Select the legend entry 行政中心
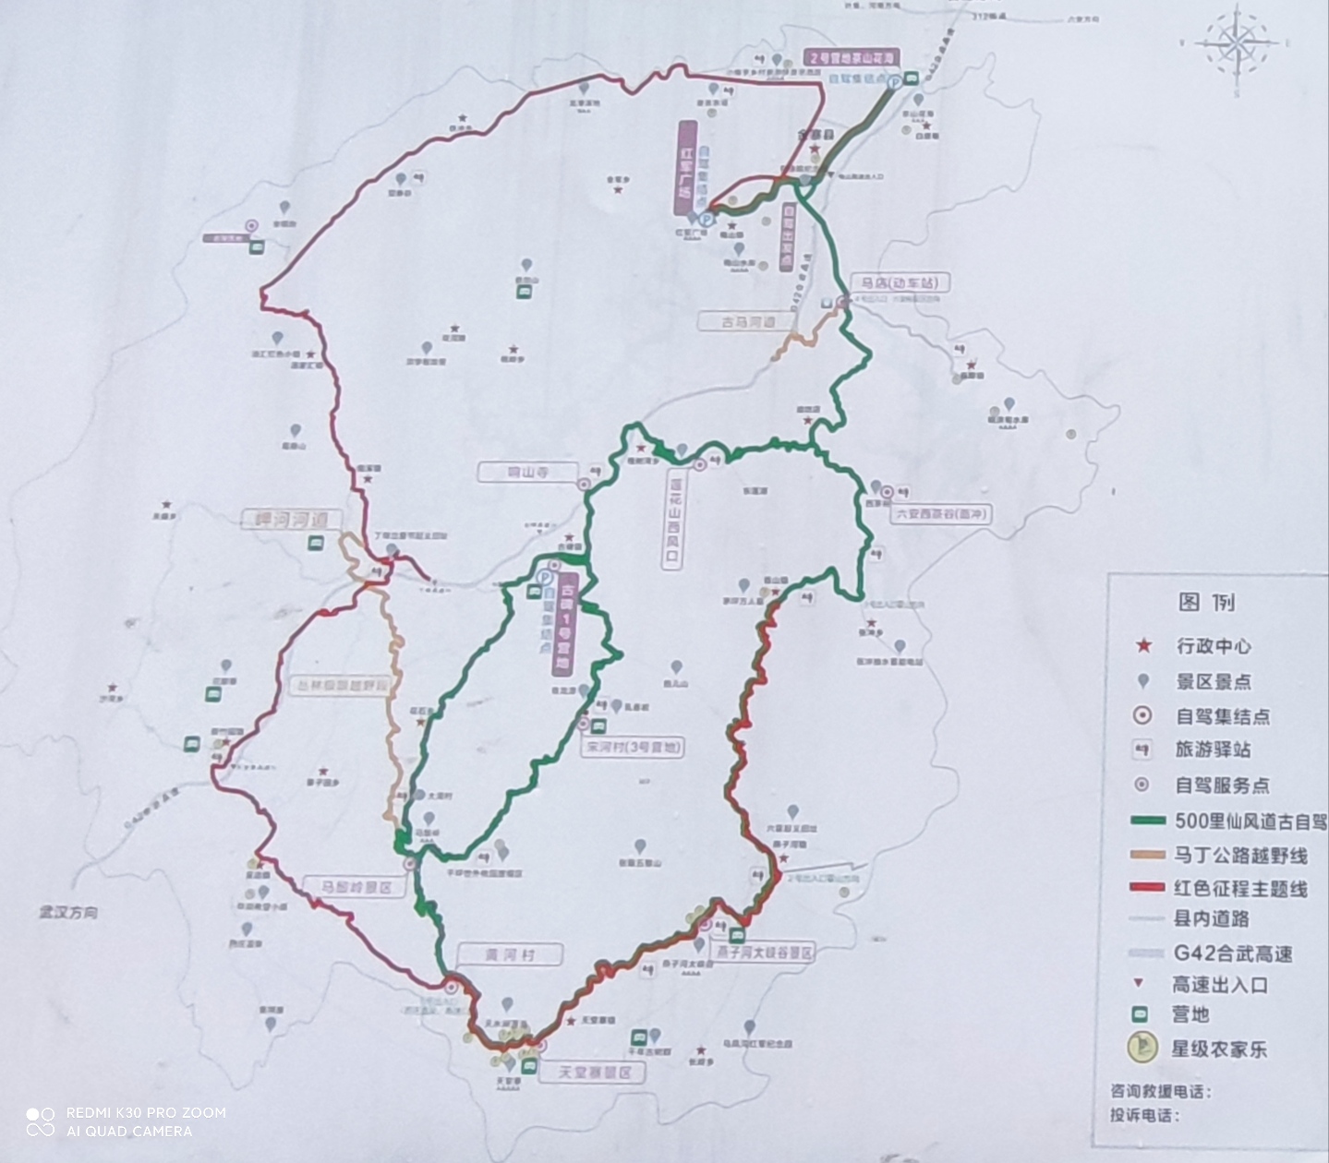click(1214, 646)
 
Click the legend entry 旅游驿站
click(1212, 749)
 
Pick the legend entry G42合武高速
click(1233, 953)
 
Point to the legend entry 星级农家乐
click(1219, 1049)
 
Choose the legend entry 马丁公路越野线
click(1240, 855)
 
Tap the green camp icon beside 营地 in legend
click(1143, 1014)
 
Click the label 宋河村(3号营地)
click(633, 748)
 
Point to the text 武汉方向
click(68, 913)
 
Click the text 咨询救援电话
click(1157, 1092)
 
